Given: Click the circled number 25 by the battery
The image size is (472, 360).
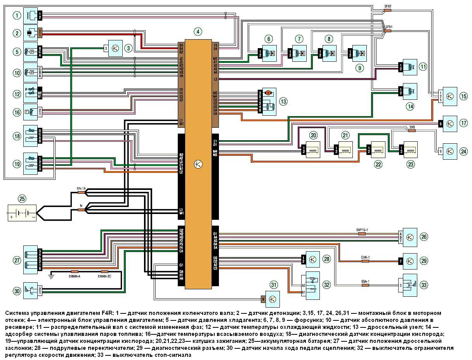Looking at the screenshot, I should pyautogui.click(x=22, y=199).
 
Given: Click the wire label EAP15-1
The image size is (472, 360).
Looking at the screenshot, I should pyautogui.click(x=362, y=230).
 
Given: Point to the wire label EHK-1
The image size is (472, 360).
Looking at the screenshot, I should pyautogui.click(x=365, y=257).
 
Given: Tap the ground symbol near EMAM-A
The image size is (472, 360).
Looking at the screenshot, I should pyautogui.click(x=51, y=276).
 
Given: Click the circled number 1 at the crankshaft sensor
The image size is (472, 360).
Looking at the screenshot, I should pyautogui.click(x=16, y=16).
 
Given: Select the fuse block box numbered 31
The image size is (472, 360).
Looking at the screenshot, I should pyautogui.click(x=272, y=299).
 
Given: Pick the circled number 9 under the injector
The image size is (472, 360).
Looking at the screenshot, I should pyautogui.click(x=359, y=68).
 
